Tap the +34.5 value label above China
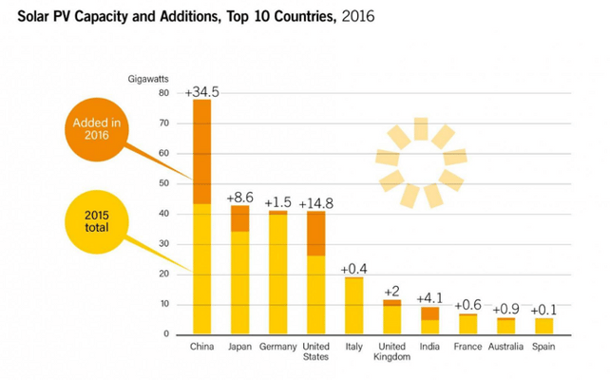pyautogui.click(x=201, y=92)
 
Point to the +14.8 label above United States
pyautogui.click(x=316, y=203)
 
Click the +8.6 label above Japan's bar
pyautogui.click(x=239, y=198)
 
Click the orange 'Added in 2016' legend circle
pyautogui.click(x=97, y=128)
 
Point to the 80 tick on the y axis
pyautogui.click(x=164, y=93)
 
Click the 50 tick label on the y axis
pyautogui.click(x=164, y=183)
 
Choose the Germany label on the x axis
pyautogui.click(x=277, y=346)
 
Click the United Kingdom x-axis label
pyautogui.click(x=391, y=351)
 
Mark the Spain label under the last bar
pyautogui.click(x=543, y=346)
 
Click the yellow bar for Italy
pyautogui.click(x=353, y=305)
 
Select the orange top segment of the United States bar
pyautogui.click(x=315, y=233)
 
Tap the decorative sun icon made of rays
pyautogui.click(x=421, y=162)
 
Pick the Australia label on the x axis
pyautogui.click(x=505, y=346)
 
